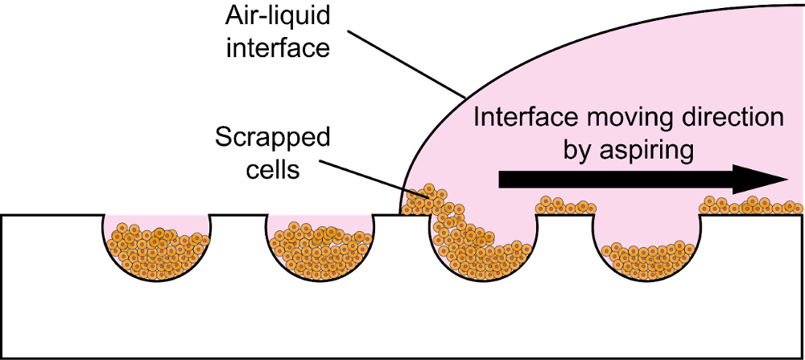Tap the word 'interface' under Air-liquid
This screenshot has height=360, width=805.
click(x=278, y=48)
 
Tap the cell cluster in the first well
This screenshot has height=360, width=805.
click(x=157, y=249)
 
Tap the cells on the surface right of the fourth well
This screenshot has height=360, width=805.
click(x=749, y=206)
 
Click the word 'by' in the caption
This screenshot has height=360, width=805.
click(x=578, y=151)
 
